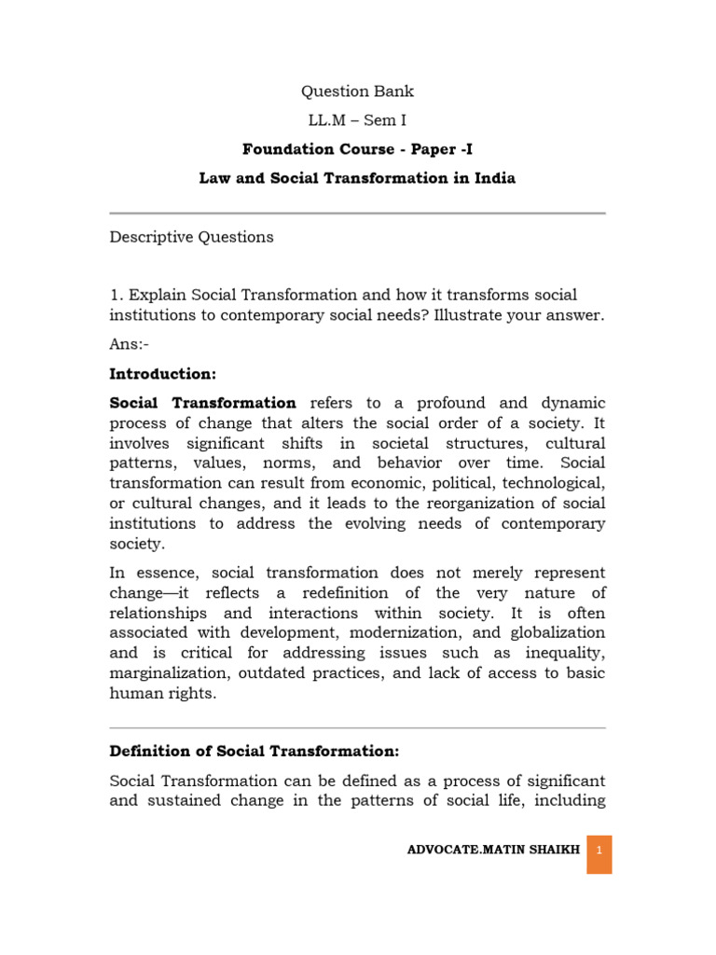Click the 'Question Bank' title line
[x=357, y=91]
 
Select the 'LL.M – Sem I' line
[x=357, y=120]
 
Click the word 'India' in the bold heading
[x=491, y=178]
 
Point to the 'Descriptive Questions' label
[x=191, y=237]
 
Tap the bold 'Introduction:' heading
[x=162, y=374]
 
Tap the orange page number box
[x=599, y=851]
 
